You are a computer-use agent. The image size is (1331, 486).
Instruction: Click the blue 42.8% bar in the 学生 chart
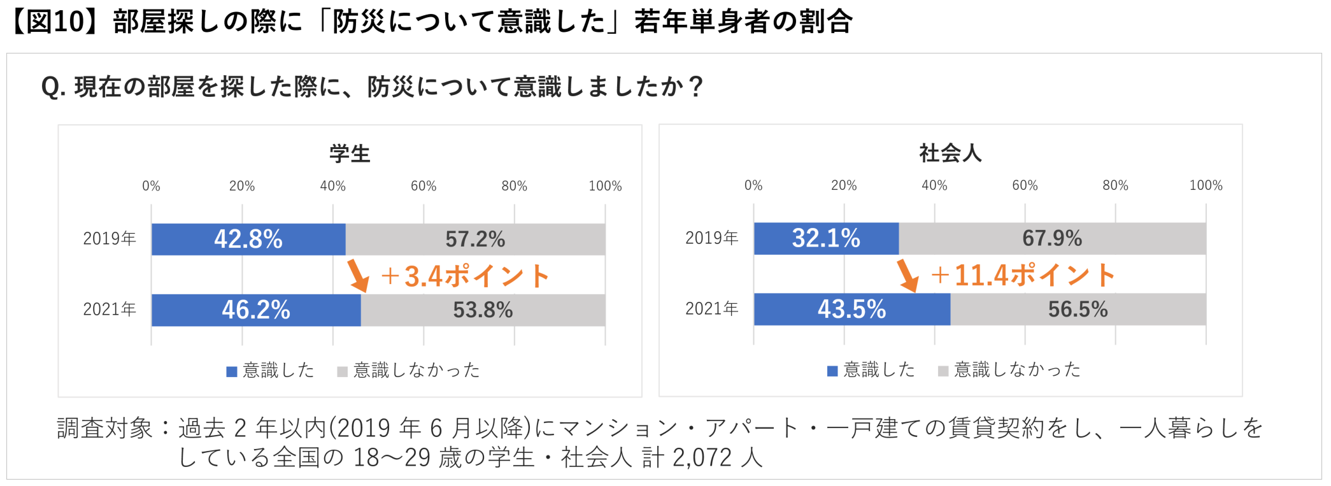(x=248, y=239)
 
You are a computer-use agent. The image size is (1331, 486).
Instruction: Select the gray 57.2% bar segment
(x=475, y=239)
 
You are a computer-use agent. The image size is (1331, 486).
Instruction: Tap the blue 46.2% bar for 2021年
(x=256, y=310)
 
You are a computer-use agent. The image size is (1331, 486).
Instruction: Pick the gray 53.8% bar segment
(x=483, y=310)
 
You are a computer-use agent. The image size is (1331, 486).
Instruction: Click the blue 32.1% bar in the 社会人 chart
(x=826, y=239)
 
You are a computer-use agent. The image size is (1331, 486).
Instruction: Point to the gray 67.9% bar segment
(x=1052, y=239)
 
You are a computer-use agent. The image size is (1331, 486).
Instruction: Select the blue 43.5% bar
(x=851, y=310)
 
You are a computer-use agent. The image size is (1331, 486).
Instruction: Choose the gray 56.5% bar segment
(x=1078, y=310)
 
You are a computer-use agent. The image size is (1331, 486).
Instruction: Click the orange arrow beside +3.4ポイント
(x=358, y=276)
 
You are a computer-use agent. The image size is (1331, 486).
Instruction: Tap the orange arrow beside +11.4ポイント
(x=907, y=275)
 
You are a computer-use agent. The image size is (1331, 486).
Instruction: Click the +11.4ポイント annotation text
(x=1023, y=275)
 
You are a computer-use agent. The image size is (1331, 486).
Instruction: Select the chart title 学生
(x=350, y=154)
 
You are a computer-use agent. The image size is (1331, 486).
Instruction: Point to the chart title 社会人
(x=950, y=153)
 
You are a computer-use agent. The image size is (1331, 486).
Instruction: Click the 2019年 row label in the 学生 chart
(x=110, y=239)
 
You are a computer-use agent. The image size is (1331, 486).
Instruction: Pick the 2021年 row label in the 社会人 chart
(x=711, y=309)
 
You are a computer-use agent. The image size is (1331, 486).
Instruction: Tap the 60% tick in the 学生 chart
(x=423, y=186)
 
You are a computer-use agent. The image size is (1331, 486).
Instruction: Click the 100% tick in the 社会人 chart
(x=1206, y=185)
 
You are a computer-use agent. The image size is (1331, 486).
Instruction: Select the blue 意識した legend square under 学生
(x=232, y=371)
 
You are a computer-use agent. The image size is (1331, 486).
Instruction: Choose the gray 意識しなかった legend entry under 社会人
(x=1009, y=369)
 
